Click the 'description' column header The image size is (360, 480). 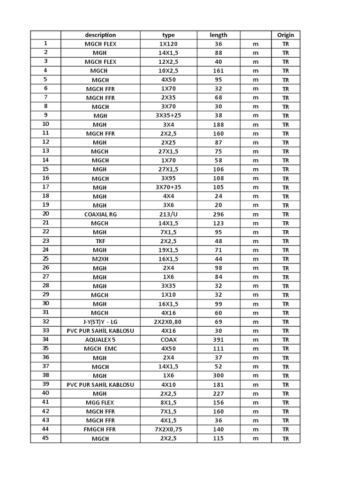click(100, 35)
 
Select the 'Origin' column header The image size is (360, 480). click(285, 35)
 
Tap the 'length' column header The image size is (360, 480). click(218, 35)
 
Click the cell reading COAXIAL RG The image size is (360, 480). click(100, 214)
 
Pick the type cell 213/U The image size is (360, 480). click(168, 214)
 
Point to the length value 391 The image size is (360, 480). click(218, 340)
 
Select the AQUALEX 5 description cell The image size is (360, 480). click(100, 340)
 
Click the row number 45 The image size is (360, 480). click(45, 438)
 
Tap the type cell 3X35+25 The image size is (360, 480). click(168, 116)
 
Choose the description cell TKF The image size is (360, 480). click(100, 241)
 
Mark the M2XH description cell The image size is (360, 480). click(100, 259)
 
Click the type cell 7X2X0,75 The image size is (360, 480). click(168, 429)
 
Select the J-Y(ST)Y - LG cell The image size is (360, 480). click(100, 322)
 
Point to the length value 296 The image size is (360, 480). click(218, 214)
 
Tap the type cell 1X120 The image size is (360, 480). click(168, 44)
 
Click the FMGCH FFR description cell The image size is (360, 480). click(100, 429)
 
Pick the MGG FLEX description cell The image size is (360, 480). click(100, 403)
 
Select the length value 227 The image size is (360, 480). click(218, 394)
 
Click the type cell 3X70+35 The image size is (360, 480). click(168, 187)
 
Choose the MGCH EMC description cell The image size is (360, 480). click(100, 349)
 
